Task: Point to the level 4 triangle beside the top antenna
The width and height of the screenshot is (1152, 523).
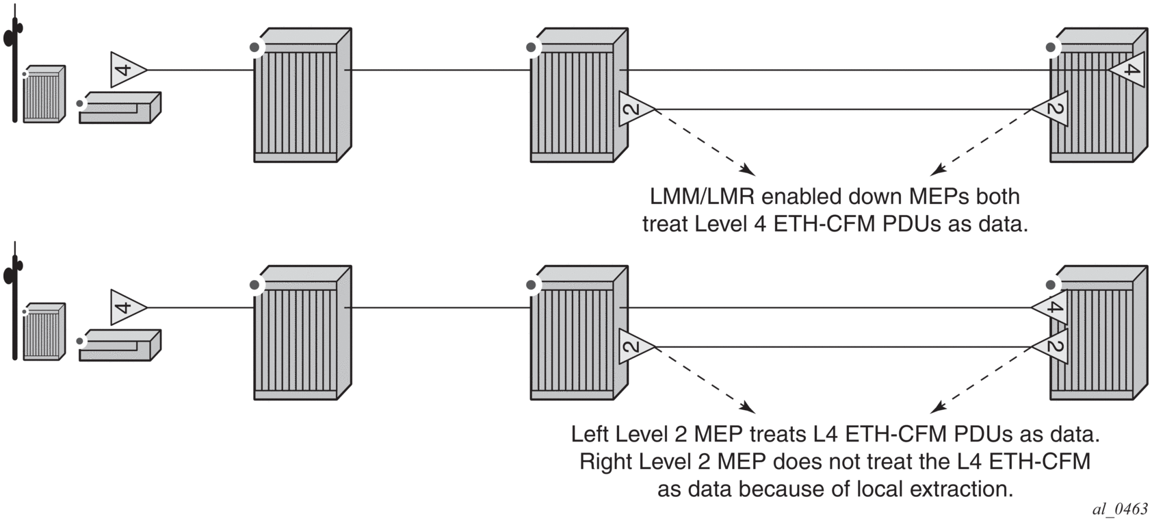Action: (x=127, y=69)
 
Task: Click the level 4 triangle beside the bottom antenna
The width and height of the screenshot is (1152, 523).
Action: (x=127, y=307)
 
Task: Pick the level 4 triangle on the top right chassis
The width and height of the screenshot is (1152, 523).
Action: (x=1128, y=70)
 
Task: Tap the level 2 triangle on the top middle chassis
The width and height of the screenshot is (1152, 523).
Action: (x=634, y=109)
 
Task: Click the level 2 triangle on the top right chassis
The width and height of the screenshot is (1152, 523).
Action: (x=1052, y=109)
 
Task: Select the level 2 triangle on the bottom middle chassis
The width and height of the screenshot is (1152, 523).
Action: (x=634, y=346)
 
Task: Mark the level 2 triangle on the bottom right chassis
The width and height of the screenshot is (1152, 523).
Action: (x=1052, y=346)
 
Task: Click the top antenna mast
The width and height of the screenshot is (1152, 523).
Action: (x=14, y=68)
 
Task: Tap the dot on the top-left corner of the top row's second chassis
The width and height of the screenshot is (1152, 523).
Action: (x=532, y=47)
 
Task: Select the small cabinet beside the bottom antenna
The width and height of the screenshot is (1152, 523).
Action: (x=44, y=332)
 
